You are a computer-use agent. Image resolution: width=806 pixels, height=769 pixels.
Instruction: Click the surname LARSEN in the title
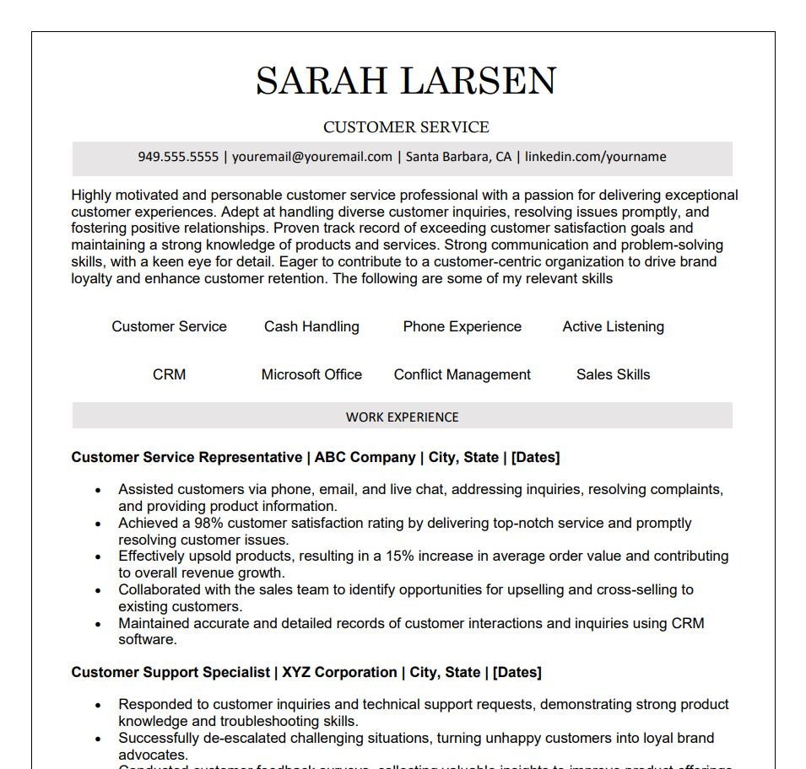(x=479, y=81)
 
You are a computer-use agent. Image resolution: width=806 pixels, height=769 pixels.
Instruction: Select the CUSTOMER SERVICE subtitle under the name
(x=406, y=127)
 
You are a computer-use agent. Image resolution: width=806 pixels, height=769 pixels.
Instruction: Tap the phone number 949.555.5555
(x=178, y=157)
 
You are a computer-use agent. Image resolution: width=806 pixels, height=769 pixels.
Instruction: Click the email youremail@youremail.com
(x=312, y=157)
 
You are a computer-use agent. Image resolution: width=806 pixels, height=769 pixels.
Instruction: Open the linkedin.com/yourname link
(x=595, y=157)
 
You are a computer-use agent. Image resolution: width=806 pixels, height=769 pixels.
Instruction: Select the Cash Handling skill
(x=311, y=327)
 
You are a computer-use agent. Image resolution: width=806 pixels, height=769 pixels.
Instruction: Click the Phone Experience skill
(x=462, y=327)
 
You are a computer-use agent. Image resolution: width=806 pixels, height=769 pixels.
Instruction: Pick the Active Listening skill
(x=613, y=327)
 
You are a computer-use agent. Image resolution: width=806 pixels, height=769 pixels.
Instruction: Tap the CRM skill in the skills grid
(x=169, y=375)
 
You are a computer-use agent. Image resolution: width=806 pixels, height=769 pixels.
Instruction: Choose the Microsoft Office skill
(x=311, y=375)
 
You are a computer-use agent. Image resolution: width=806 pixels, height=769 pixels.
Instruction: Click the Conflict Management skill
(x=462, y=375)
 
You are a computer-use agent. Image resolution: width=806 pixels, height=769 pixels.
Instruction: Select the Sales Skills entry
(x=613, y=375)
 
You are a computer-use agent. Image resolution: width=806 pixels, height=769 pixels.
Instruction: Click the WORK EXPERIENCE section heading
(x=403, y=417)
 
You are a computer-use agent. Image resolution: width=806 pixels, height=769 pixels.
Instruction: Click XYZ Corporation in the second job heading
(x=339, y=673)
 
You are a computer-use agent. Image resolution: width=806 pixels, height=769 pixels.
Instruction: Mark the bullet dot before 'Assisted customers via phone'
(x=99, y=490)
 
